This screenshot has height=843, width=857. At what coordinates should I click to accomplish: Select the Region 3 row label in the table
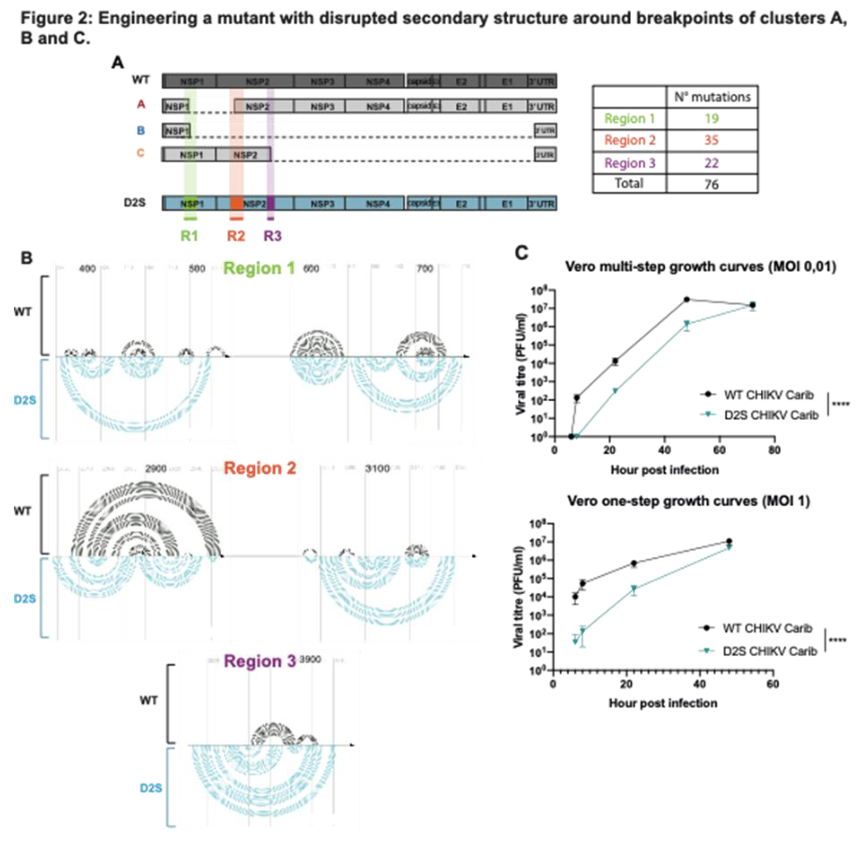pyautogui.click(x=630, y=163)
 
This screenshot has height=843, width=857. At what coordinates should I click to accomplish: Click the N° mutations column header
pyautogui.click(x=712, y=97)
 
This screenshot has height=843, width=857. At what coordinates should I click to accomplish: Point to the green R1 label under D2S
pyautogui.click(x=189, y=236)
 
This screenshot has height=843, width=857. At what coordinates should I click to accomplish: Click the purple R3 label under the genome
pyautogui.click(x=272, y=236)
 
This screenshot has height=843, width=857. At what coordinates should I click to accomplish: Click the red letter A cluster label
pyautogui.click(x=141, y=105)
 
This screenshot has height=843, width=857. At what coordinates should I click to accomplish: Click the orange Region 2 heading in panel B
pyautogui.click(x=260, y=468)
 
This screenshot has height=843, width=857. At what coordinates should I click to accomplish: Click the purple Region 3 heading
pyautogui.click(x=259, y=661)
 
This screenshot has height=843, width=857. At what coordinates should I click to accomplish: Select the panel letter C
pyautogui.click(x=522, y=253)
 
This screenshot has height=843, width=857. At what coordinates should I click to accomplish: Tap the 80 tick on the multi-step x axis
pyautogui.click(x=774, y=450)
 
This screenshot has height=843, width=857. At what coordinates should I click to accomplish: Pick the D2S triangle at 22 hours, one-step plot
pyautogui.click(x=634, y=589)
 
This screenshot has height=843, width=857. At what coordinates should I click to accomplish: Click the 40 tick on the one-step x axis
pyautogui.click(x=699, y=684)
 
